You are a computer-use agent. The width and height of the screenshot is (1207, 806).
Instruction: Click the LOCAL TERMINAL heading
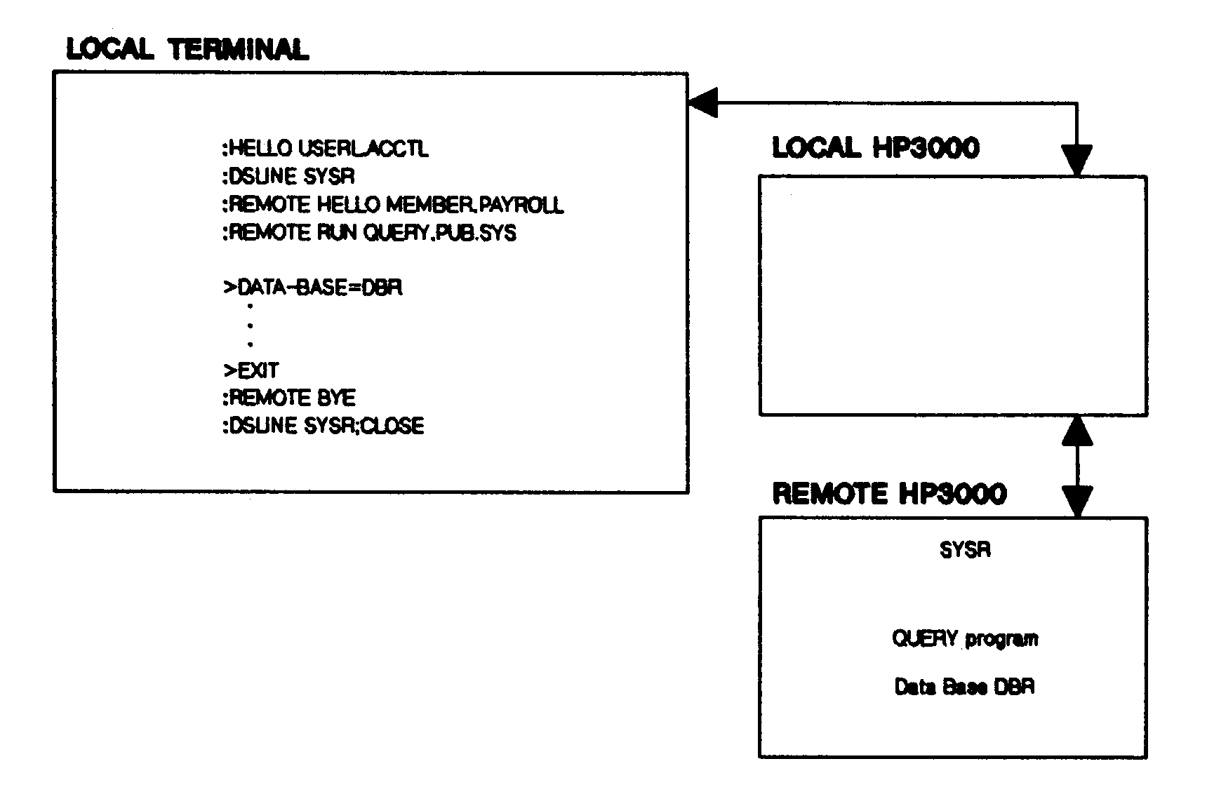pyautogui.click(x=187, y=49)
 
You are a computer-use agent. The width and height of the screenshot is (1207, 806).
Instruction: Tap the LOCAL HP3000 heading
pyautogui.click(x=875, y=148)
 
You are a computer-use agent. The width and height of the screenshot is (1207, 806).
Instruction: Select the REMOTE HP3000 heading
pyautogui.click(x=889, y=493)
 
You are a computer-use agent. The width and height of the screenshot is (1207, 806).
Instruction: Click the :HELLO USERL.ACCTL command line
pyautogui.click(x=325, y=149)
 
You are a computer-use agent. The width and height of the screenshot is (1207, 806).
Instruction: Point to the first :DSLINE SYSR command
pyautogui.click(x=288, y=176)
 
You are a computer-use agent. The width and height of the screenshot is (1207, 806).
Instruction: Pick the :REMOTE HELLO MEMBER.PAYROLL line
pyautogui.click(x=392, y=204)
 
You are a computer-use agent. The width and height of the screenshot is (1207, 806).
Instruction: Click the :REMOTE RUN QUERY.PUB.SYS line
pyautogui.click(x=369, y=232)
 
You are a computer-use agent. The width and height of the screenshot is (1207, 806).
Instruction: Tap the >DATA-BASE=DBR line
pyautogui.click(x=313, y=288)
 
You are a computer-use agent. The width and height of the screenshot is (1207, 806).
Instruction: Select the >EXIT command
pyautogui.click(x=251, y=370)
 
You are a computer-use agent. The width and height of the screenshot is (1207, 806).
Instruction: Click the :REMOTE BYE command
pyautogui.click(x=288, y=398)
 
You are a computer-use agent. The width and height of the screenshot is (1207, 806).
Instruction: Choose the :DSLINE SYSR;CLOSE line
pyautogui.click(x=323, y=426)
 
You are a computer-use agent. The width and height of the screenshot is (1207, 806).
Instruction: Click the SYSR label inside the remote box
pyautogui.click(x=965, y=550)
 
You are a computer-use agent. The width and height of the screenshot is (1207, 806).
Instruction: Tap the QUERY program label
pyautogui.click(x=965, y=639)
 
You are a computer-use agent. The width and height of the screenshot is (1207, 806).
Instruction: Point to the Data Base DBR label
pyautogui.click(x=964, y=687)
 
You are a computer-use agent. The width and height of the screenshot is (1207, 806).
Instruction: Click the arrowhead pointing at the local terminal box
pyautogui.click(x=703, y=103)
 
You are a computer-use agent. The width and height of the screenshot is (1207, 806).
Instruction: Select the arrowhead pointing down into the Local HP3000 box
pyautogui.click(x=1076, y=161)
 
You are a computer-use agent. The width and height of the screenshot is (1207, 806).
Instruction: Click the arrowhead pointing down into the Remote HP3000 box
pyautogui.click(x=1077, y=502)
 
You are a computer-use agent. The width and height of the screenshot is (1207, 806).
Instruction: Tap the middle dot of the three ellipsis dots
pyautogui.click(x=251, y=325)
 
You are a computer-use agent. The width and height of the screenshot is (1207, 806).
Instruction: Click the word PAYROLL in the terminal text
pyautogui.click(x=521, y=204)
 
